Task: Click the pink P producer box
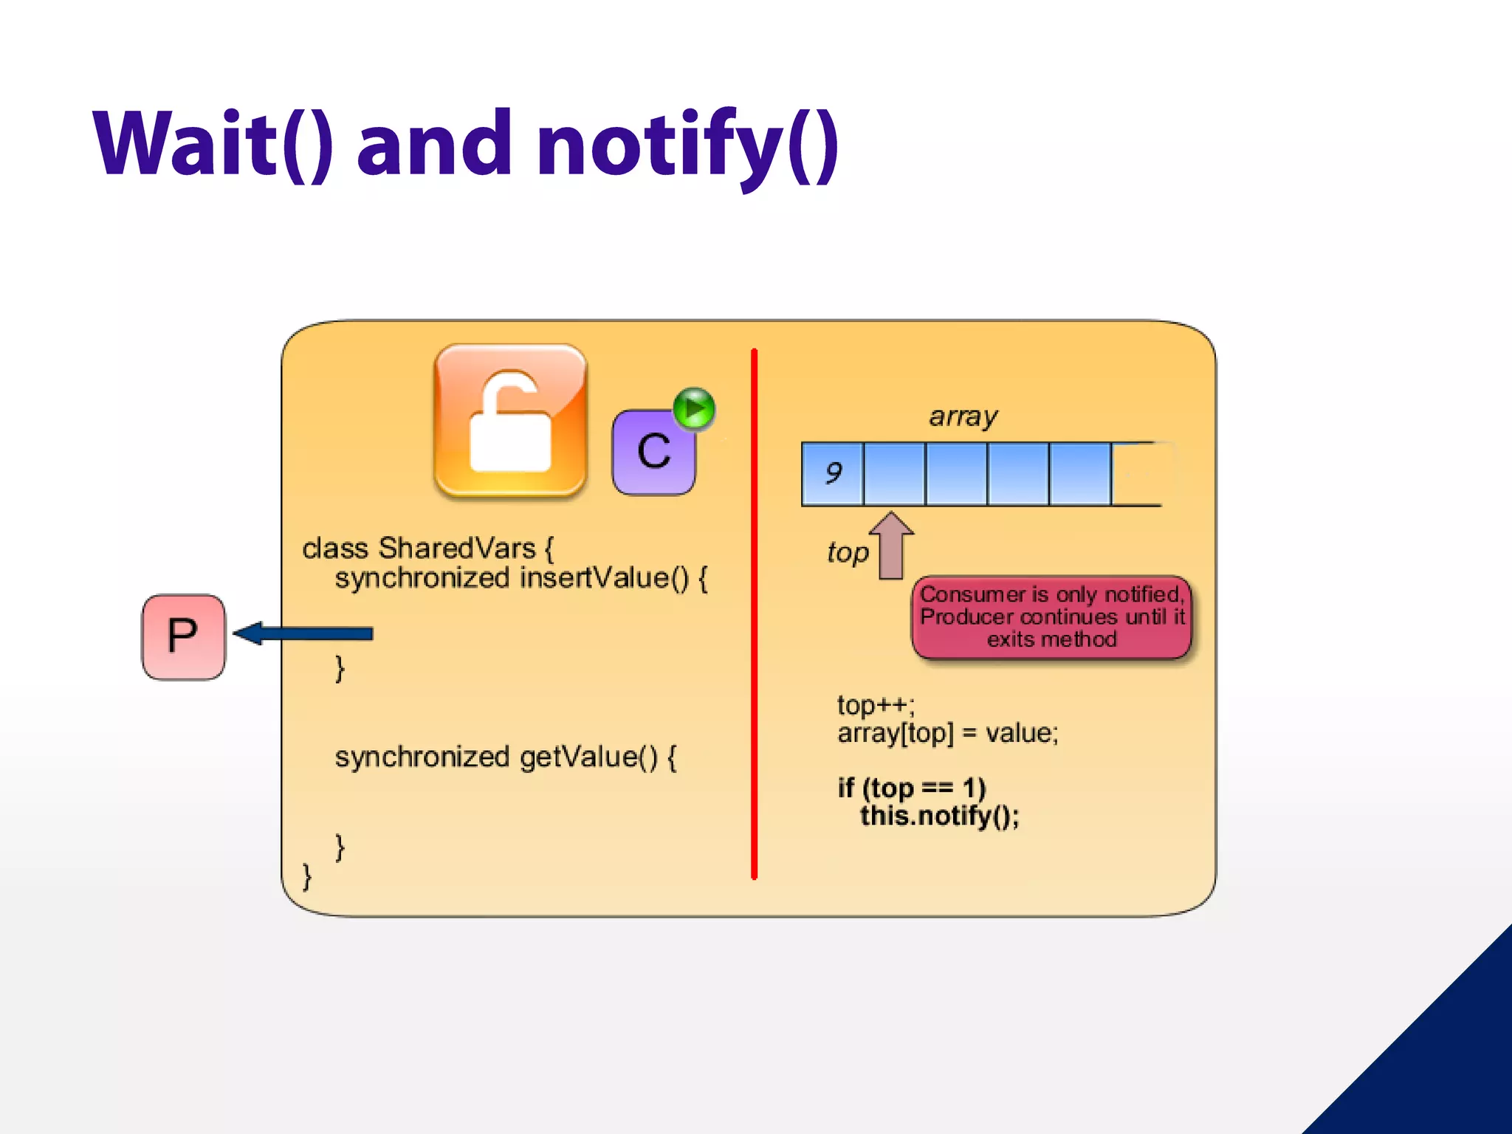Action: coord(183,636)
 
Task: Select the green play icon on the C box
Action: coord(694,408)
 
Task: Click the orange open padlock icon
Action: coord(510,420)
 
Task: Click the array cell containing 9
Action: coord(832,473)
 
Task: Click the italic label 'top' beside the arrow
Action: coord(848,552)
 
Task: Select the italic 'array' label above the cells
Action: coord(963,416)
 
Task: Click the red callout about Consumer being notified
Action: coord(1051,617)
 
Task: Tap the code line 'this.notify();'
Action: coord(939,817)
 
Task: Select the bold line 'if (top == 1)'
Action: coord(911,788)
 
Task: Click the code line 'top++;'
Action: coord(876,705)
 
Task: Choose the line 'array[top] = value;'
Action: coord(947,733)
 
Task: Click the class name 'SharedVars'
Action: coord(456,549)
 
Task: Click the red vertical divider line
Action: coord(754,613)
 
